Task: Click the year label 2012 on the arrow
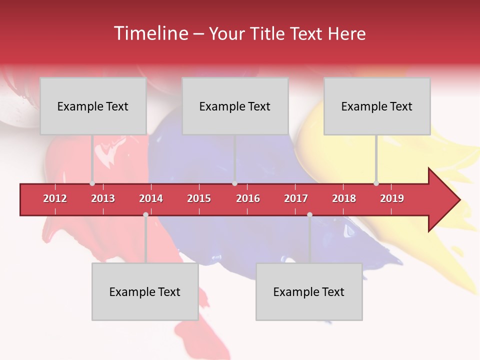point(55,198)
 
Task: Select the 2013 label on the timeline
point(103,198)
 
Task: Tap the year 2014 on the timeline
point(151,198)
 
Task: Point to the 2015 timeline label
point(199,198)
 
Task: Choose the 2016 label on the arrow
point(248,198)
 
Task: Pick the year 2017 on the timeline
point(296,198)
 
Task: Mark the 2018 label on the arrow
point(344,198)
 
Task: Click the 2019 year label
point(392,198)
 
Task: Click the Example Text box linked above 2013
point(93,106)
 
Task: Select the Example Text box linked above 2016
point(235,106)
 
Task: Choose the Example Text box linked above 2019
point(377,106)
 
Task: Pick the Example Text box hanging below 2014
point(145,291)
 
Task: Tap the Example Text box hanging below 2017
point(309,291)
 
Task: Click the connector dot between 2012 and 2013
point(92,183)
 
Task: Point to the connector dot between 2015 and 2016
point(234,183)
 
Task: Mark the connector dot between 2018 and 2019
point(376,183)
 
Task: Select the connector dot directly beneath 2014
point(145,214)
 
